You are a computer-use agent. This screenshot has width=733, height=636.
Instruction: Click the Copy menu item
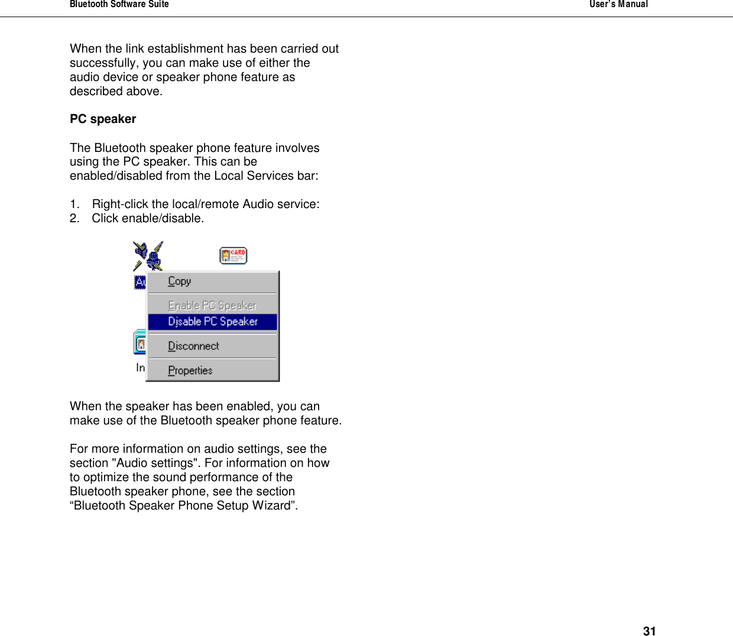pyautogui.click(x=180, y=281)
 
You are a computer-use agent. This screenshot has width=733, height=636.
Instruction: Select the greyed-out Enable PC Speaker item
pyautogui.click(x=212, y=306)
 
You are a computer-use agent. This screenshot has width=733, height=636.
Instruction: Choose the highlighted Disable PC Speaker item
pyautogui.click(x=213, y=322)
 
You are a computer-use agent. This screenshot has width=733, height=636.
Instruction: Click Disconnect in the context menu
pyautogui.click(x=193, y=346)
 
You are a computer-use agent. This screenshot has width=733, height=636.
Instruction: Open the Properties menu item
pyautogui.click(x=190, y=371)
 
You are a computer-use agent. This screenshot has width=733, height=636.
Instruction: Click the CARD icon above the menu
pyautogui.click(x=233, y=255)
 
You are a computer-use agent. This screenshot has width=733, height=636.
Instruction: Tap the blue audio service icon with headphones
pyautogui.click(x=148, y=256)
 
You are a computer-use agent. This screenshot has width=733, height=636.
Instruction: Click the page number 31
pyautogui.click(x=649, y=631)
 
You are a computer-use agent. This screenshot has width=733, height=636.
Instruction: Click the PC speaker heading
pyautogui.click(x=103, y=119)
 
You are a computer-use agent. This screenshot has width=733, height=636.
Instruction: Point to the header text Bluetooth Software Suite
pyautogui.click(x=119, y=4)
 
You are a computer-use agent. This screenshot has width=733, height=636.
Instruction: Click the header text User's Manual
pyautogui.click(x=618, y=4)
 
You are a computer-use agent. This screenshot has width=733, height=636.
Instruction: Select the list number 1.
pyautogui.click(x=74, y=204)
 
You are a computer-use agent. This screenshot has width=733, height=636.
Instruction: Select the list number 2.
pyautogui.click(x=74, y=218)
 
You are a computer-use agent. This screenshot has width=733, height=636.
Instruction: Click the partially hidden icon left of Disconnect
pyautogui.click(x=140, y=342)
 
